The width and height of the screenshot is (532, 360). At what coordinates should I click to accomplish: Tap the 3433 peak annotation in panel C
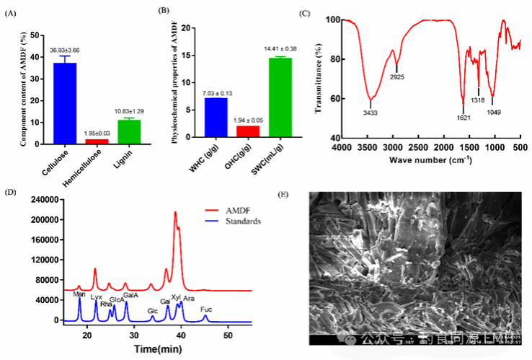(370, 113)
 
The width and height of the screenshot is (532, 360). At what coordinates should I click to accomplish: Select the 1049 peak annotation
(493, 112)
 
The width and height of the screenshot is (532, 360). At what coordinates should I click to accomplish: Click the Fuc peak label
(205, 309)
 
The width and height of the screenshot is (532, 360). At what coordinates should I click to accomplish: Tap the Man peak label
(79, 294)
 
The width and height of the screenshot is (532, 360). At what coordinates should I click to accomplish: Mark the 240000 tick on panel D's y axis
(45, 199)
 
